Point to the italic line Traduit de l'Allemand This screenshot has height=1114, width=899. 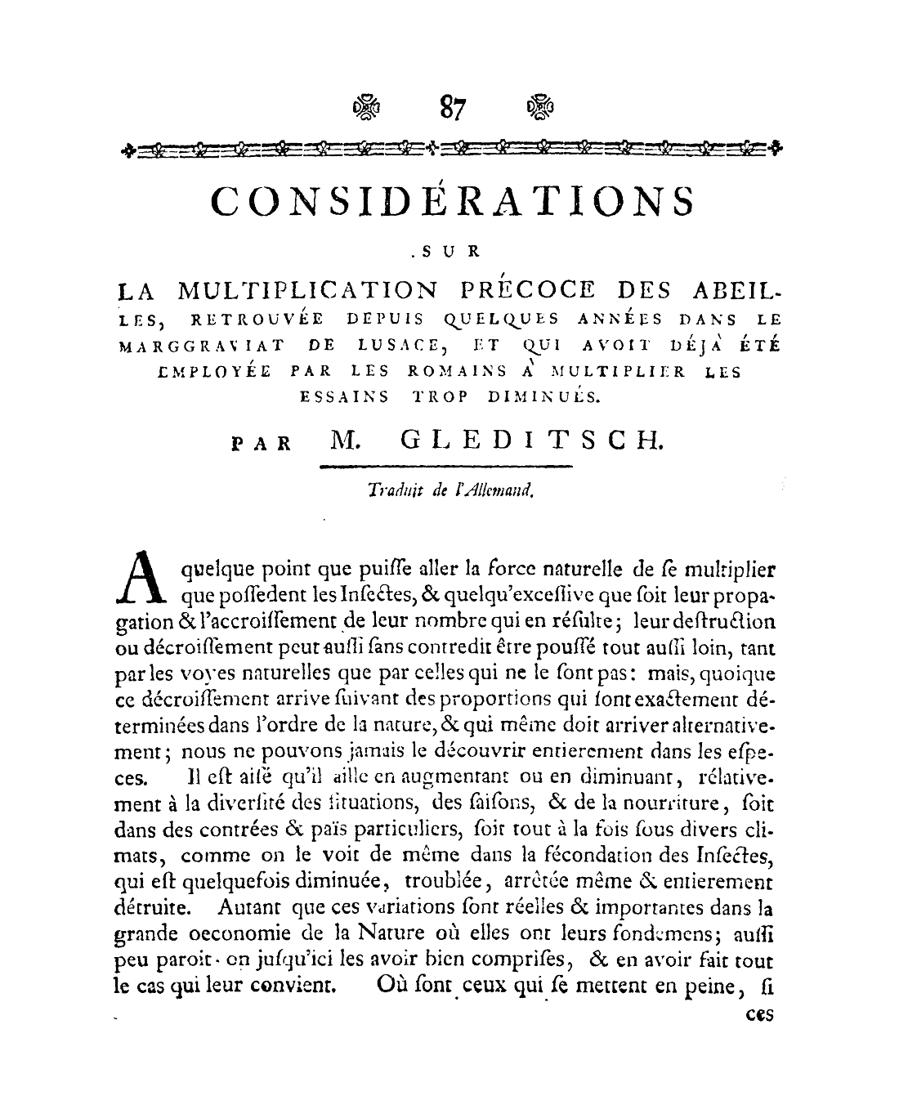(450, 490)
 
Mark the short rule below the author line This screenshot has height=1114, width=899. (445, 468)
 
